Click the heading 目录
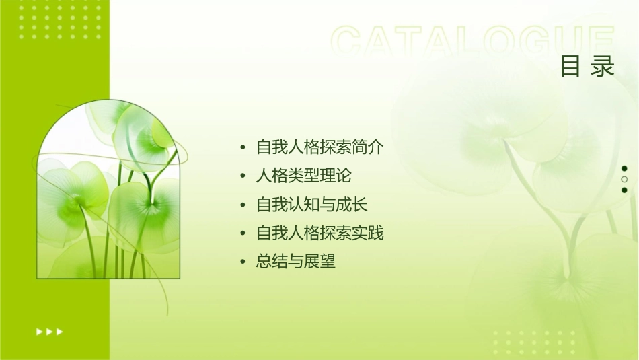point(587,66)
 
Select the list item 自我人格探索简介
point(320,147)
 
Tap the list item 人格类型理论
point(304,176)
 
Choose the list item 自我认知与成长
point(312,205)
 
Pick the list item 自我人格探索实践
point(320,233)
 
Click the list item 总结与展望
point(296,262)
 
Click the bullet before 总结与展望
point(243,262)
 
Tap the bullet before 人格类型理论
point(243,177)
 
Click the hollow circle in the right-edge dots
point(624,179)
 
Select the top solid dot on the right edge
point(624,168)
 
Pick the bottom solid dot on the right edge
point(624,190)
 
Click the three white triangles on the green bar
point(49,331)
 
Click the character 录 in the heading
point(603,66)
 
